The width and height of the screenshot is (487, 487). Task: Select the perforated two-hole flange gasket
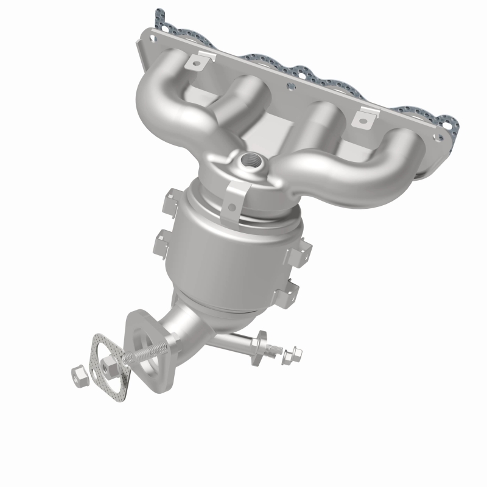(x=111, y=363)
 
